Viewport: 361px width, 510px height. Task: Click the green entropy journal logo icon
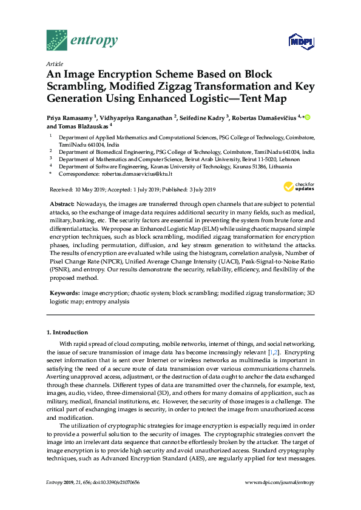56,40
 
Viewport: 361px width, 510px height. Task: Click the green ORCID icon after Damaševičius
307,117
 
